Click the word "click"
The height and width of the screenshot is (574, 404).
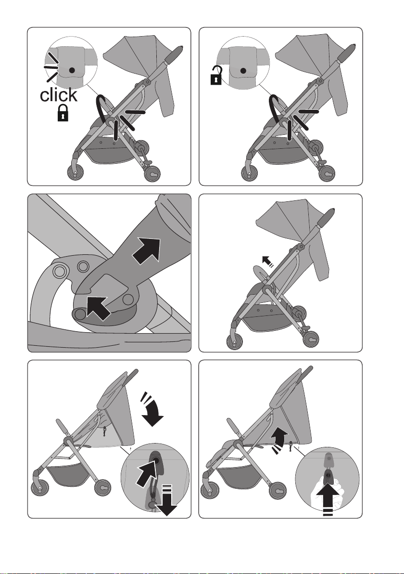59,95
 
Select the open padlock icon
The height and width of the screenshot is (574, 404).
216,75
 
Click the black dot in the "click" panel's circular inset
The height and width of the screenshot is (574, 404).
73,69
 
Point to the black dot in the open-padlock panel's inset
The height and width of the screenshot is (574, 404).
243,71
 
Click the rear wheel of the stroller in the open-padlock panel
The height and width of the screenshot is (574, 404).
326,174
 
